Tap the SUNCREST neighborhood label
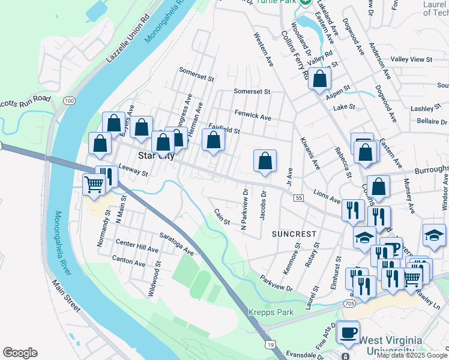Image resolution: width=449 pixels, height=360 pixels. tap(294, 233)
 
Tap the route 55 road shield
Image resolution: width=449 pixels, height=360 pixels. tap(298, 197)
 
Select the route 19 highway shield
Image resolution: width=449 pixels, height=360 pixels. tap(272, 344)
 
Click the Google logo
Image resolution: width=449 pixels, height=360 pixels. tap(20, 353)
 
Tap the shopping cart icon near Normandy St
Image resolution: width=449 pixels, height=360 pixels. tap(94, 184)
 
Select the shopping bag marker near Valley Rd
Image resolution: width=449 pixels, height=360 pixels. tap(320, 78)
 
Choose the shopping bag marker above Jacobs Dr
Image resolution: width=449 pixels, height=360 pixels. tap(265, 161)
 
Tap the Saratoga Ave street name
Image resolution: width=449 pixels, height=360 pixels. tap(176, 243)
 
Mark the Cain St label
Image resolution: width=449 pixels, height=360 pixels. tap(222, 217)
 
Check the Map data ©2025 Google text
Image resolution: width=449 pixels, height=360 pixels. tap(411, 355)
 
